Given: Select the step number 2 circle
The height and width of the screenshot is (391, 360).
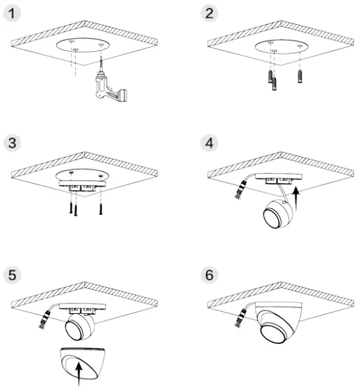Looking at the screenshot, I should click(208, 13).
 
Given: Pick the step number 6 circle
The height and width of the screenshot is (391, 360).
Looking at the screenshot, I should click(208, 273).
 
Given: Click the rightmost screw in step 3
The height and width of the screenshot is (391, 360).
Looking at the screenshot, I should click(101, 208).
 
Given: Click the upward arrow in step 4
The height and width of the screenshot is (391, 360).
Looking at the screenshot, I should click(297, 195).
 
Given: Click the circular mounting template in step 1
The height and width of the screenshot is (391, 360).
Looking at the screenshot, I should click(87, 46).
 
